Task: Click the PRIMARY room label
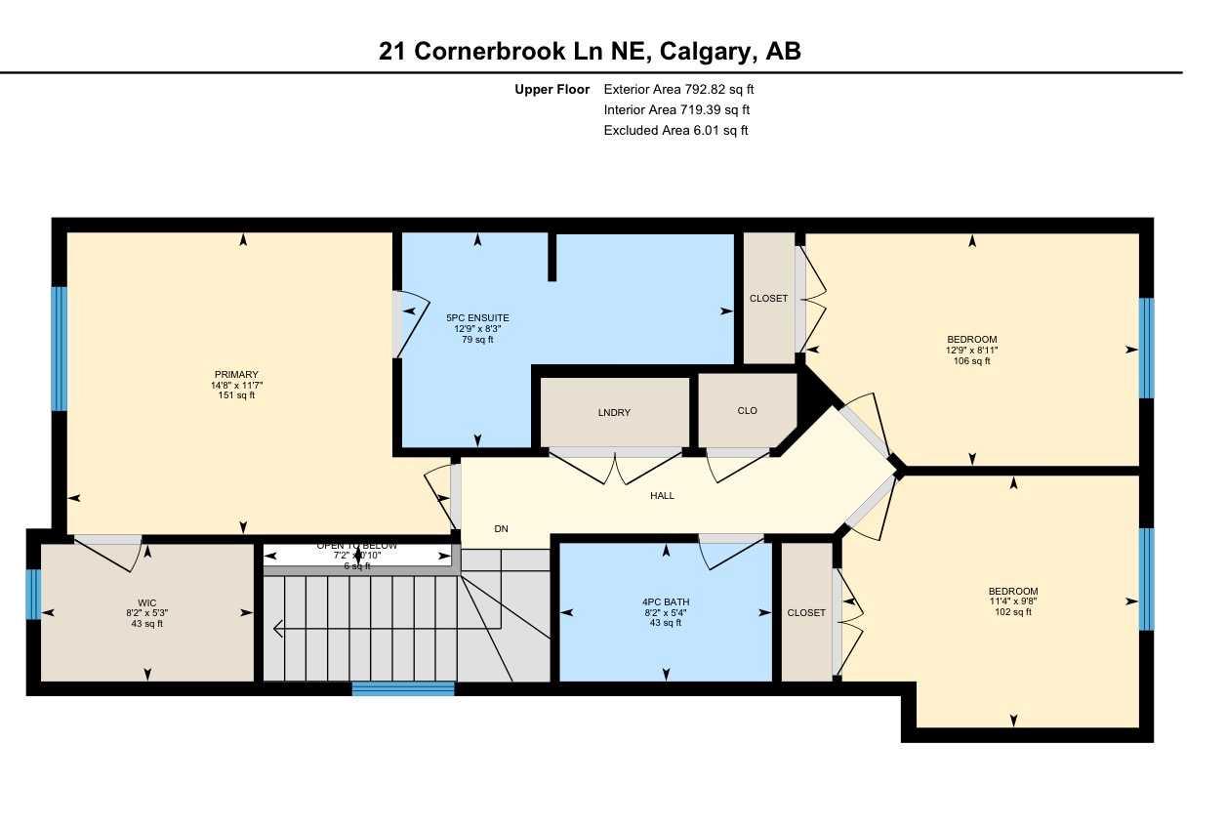(x=236, y=374)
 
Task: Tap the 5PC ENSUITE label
(x=477, y=317)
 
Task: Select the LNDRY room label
(x=614, y=412)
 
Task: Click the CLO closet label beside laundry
(x=747, y=411)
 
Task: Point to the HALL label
(x=662, y=496)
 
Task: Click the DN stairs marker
(x=501, y=529)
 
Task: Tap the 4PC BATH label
(x=666, y=601)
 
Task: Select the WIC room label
(x=147, y=602)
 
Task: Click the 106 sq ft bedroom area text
(x=971, y=361)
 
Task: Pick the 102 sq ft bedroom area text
(x=1012, y=612)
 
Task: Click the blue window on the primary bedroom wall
(x=60, y=348)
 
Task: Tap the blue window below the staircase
(x=403, y=688)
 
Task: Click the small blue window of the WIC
(x=33, y=594)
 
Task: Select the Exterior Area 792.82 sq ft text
(x=678, y=89)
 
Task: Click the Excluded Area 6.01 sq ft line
(x=675, y=130)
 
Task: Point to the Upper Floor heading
(x=552, y=89)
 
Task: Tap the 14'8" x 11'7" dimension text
(x=236, y=385)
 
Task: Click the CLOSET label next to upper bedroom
(x=768, y=299)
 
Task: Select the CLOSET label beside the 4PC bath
(x=806, y=613)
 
